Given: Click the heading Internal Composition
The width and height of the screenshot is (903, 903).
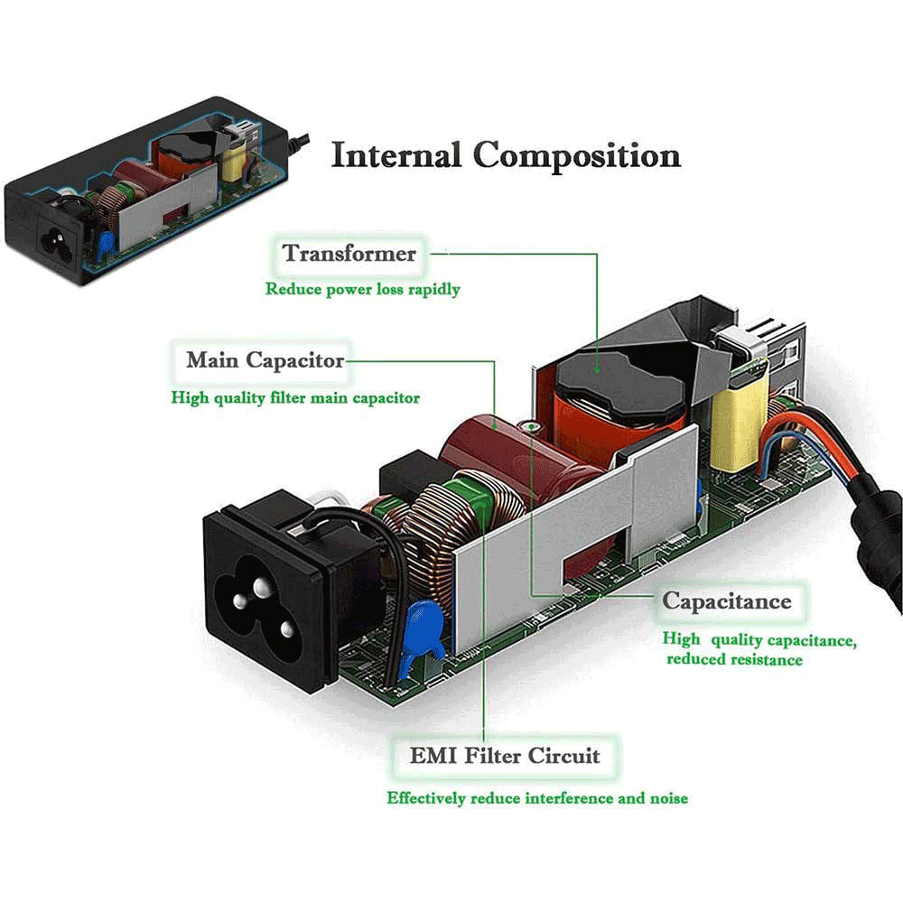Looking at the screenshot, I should click(x=506, y=155).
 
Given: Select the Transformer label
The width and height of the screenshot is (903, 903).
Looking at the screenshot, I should click(x=349, y=253).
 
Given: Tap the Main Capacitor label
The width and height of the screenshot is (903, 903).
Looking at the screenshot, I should click(x=265, y=360).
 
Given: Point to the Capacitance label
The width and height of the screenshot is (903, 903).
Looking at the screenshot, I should click(x=726, y=601).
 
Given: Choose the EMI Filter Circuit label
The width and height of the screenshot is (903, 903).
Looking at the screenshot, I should click(x=505, y=755).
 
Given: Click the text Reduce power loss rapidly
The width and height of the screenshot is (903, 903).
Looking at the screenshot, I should click(x=363, y=290).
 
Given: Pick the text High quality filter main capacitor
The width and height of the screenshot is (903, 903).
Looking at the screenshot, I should click(x=295, y=397).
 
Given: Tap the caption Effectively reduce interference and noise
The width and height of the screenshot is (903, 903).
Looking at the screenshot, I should click(x=537, y=798).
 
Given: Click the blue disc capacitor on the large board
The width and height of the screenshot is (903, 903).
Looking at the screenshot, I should click(x=421, y=630).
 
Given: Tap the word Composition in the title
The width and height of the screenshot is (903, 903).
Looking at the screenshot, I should click(x=578, y=155).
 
